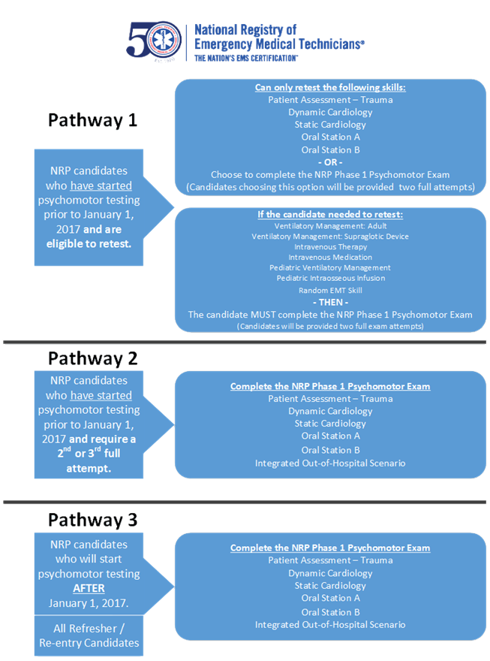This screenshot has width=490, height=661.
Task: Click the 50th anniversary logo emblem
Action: (x=154, y=41)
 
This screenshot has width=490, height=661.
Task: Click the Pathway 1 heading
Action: (x=92, y=120)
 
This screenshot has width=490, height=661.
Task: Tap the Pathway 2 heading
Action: (x=92, y=359)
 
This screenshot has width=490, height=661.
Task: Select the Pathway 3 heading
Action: (x=92, y=520)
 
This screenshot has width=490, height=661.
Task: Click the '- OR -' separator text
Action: (x=330, y=162)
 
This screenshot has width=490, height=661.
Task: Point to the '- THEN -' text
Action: (x=330, y=302)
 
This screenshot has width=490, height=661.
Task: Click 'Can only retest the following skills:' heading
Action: (x=330, y=87)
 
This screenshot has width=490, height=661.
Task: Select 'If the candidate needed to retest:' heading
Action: (x=330, y=215)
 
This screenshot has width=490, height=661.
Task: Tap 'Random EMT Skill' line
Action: (x=330, y=291)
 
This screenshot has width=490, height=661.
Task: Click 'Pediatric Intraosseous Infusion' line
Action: (x=331, y=278)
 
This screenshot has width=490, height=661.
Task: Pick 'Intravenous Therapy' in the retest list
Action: (x=330, y=247)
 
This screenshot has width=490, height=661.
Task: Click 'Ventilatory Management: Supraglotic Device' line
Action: (x=330, y=237)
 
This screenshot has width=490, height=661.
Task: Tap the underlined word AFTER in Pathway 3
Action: (x=89, y=588)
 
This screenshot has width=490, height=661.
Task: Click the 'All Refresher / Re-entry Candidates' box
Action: (x=89, y=635)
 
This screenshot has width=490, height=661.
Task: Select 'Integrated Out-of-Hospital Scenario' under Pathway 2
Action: (x=330, y=463)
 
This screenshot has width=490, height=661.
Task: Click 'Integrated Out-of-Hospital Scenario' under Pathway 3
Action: (x=330, y=625)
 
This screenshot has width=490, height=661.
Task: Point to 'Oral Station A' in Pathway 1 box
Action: (x=330, y=137)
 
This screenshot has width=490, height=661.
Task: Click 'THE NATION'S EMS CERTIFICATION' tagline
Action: (x=246, y=58)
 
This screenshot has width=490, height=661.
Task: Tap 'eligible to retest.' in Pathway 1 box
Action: (x=89, y=244)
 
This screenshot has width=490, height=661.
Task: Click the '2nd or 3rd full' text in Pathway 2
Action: (x=89, y=453)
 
